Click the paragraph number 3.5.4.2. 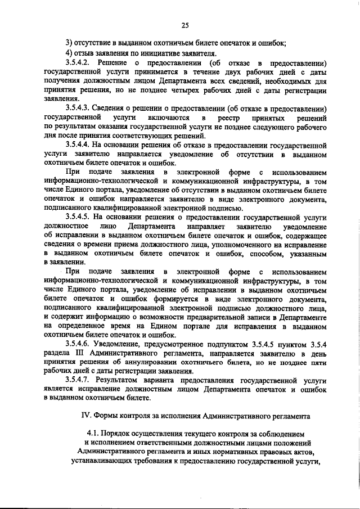[79, 62]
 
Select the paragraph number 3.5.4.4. [79, 144]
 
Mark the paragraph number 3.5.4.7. [79, 380]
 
